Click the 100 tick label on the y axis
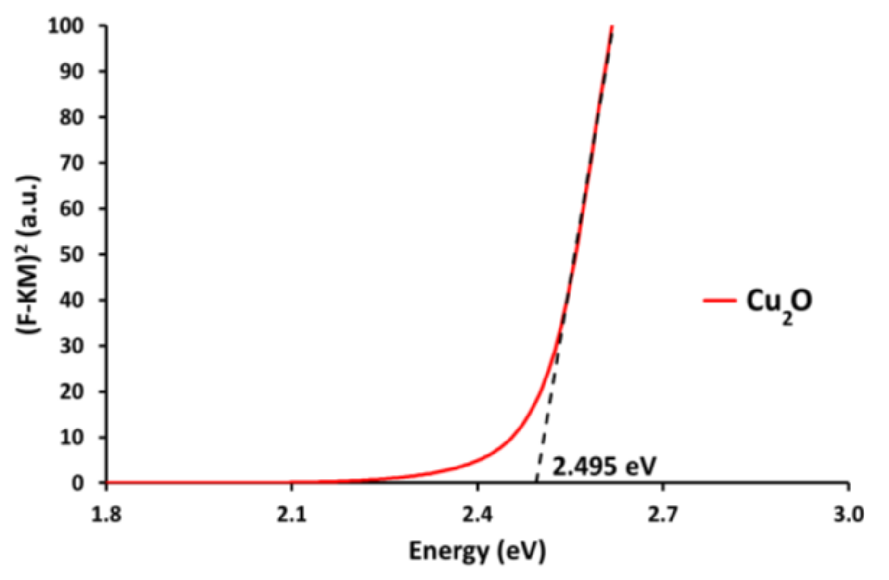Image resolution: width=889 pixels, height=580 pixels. pos(66,26)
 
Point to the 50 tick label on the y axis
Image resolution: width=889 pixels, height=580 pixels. pos(72,254)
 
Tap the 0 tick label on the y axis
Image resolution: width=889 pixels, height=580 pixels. pos(77,483)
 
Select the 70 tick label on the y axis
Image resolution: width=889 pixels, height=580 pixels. pos(72,163)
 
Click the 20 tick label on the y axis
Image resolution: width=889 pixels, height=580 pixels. pos(72,391)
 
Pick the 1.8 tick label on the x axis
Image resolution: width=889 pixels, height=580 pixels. pos(106,515)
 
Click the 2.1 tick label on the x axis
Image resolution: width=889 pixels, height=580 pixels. pos(292,515)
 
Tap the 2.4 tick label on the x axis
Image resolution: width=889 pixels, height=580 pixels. pos(477,515)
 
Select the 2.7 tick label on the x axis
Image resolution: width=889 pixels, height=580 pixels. pos(663,515)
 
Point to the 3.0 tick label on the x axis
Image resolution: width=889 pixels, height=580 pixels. pos(849,515)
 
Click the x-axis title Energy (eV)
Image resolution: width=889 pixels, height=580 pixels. pos(477,551)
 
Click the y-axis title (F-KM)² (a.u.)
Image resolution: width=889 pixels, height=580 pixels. pos(29,254)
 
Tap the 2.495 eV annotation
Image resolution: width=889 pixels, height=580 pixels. pos(604,466)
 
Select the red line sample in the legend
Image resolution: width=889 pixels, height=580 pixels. pos(720,301)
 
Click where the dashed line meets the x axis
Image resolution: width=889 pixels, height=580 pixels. pos(536,482)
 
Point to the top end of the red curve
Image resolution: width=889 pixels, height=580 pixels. pos(612,26)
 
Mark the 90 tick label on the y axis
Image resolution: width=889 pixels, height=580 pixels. pos(72,72)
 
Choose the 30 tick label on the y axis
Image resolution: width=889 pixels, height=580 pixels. pos(72,346)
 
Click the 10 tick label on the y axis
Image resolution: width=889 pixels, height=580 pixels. pos(72,437)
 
